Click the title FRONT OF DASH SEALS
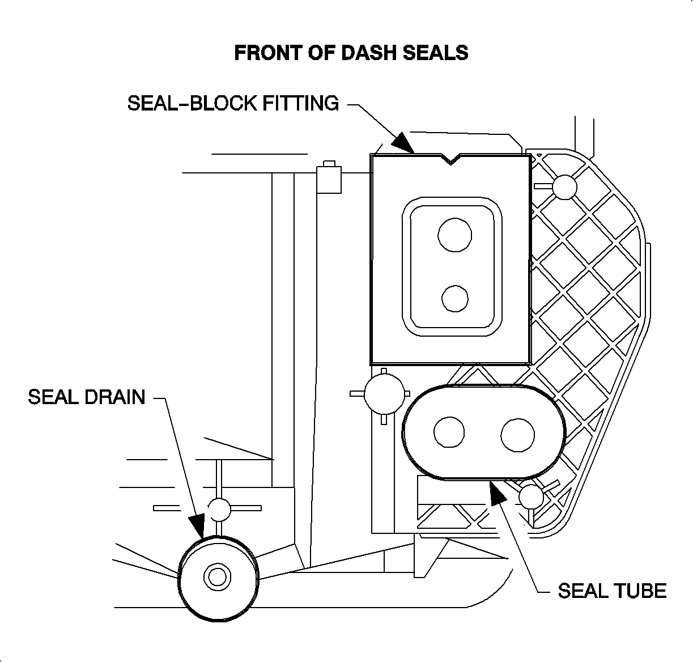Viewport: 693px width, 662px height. pos(351,53)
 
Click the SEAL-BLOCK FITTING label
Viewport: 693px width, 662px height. pos(233,103)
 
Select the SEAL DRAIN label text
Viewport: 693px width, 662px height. pos(87,397)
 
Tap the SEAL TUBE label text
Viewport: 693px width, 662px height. pos(612,591)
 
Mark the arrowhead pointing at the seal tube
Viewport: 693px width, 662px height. pos(497,491)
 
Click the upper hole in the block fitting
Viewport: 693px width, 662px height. pos(454,234)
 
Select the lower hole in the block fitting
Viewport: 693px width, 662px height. pos(455,298)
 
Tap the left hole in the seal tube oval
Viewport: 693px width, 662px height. pos(449,432)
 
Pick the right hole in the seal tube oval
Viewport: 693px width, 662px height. pos(518,435)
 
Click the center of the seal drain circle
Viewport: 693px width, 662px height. pos(216,577)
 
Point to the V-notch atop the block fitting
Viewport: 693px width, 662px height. pos(451,159)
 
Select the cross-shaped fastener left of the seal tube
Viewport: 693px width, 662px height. pos(384,393)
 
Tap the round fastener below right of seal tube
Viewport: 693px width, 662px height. pos(532,497)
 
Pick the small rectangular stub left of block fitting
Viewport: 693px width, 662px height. pos(329,178)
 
